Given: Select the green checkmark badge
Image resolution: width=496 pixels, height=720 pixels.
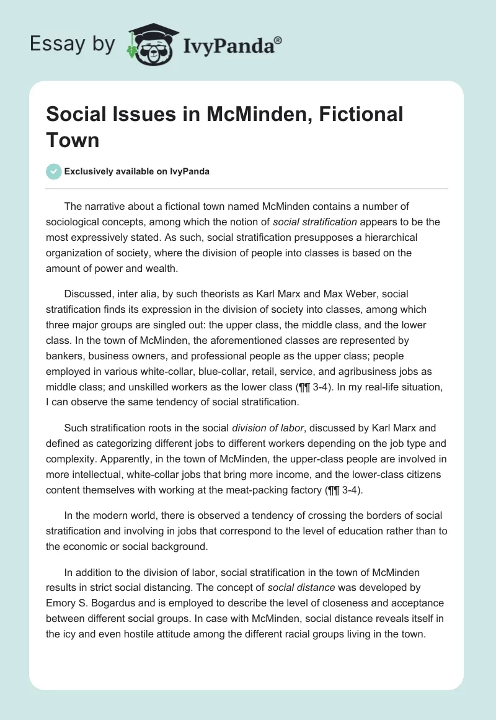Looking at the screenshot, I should click(54, 171).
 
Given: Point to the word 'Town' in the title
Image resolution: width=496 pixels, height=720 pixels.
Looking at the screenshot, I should click(73, 140).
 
